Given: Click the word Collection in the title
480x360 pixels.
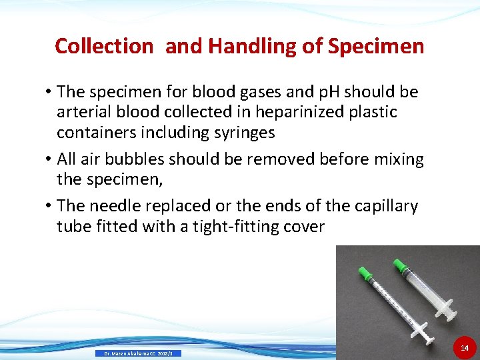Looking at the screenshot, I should [x=104, y=46].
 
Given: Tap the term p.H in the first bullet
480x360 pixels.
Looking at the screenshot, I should [x=311, y=91].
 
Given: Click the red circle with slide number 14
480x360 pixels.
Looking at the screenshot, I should [x=465, y=348].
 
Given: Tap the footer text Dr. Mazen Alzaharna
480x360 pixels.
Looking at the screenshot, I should [x=139, y=353].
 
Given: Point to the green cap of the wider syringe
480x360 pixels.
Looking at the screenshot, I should [x=400, y=266].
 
